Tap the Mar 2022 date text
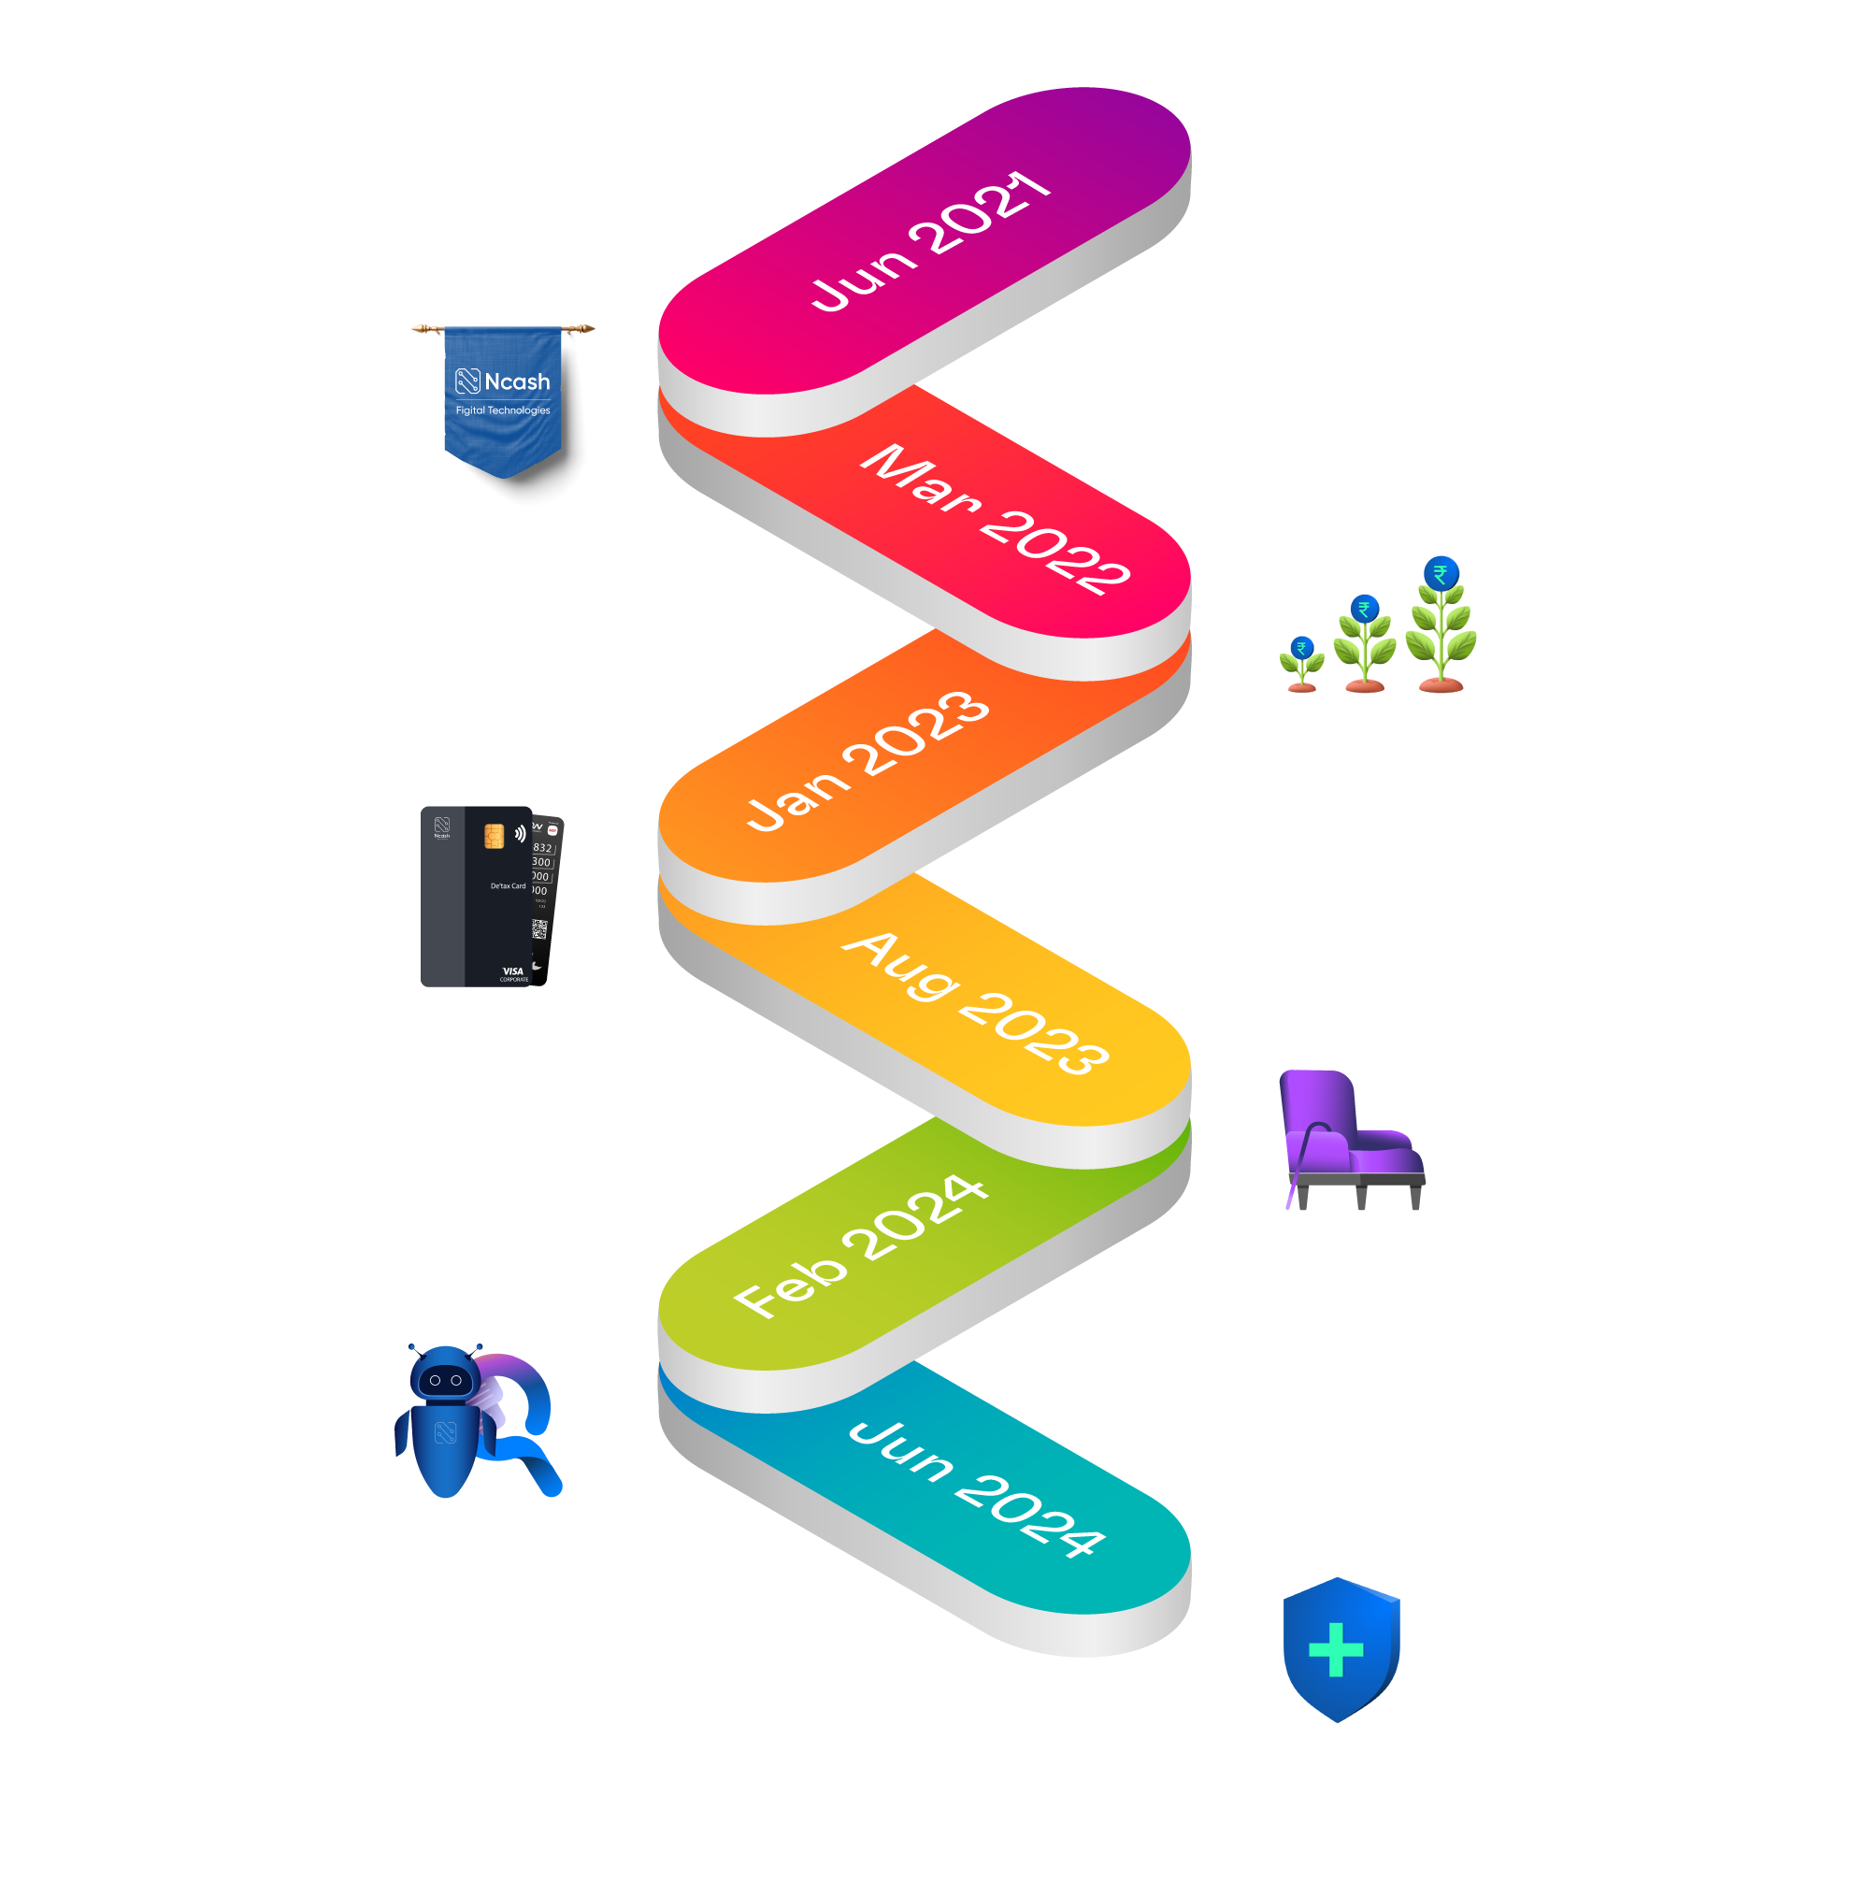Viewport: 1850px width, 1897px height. (x=994, y=518)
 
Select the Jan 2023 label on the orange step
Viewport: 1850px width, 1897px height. (x=868, y=761)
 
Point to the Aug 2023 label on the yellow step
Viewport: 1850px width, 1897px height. (x=975, y=1002)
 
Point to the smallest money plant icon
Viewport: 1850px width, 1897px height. (x=1302, y=663)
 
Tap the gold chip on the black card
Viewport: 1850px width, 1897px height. (x=494, y=835)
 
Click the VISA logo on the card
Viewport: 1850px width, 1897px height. (x=513, y=970)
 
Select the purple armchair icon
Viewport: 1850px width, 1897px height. (x=1351, y=1137)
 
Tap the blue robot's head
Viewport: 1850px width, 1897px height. (x=444, y=1376)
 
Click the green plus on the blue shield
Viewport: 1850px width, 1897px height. (x=1336, y=1649)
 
